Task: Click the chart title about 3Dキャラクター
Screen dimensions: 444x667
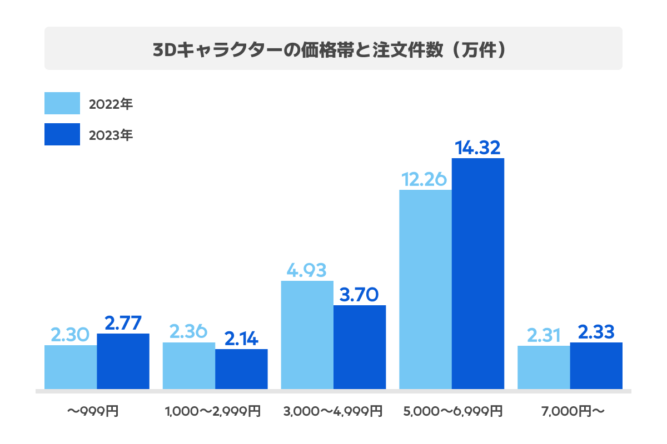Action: pyautogui.click(x=332, y=49)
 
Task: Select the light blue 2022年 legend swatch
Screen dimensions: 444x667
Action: pyautogui.click(x=62, y=103)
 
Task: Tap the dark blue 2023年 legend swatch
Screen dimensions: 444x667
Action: pyautogui.click(x=62, y=135)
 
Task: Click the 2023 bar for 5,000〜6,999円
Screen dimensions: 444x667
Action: pyautogui.click(x=478, y=274)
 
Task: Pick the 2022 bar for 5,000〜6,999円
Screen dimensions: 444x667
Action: pyautogui.click(x=425, y=289)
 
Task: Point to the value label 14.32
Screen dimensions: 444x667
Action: pyautogui.click(x=478, y=148)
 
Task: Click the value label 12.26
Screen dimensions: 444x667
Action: pyautogui.click(x=425, y=179)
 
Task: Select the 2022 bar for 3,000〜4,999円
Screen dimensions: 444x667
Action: pyautogui.click(x=307, y=335)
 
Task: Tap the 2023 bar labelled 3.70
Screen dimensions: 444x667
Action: pyautogui.click(x=360, y=347)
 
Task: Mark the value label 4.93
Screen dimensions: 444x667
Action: pyautogui.click(x=307, y=270)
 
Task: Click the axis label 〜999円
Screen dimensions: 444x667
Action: pyautogui.click(x=93, y=412)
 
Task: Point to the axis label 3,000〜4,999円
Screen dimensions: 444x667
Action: pyautogui.click(x=332, y=412)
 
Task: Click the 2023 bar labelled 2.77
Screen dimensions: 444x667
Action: pyautogui.click(x=123, y=361)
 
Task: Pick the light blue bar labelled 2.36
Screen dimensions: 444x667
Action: pyautogui.click(x=189, y=365)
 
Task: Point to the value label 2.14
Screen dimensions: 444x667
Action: pyautogui.click(x=241, y=339)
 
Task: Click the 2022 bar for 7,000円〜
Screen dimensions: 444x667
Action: pyautogui.click(x=544, y=367)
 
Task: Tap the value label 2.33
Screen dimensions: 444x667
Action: pyautogui.click(x=596, y=332)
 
